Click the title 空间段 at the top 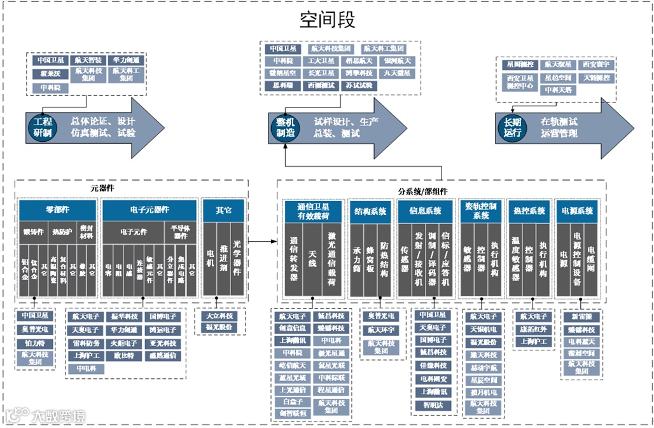coord(327,20)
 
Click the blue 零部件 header coord(57,210)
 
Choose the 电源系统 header coord(577,211)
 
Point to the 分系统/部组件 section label coord(440,190)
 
